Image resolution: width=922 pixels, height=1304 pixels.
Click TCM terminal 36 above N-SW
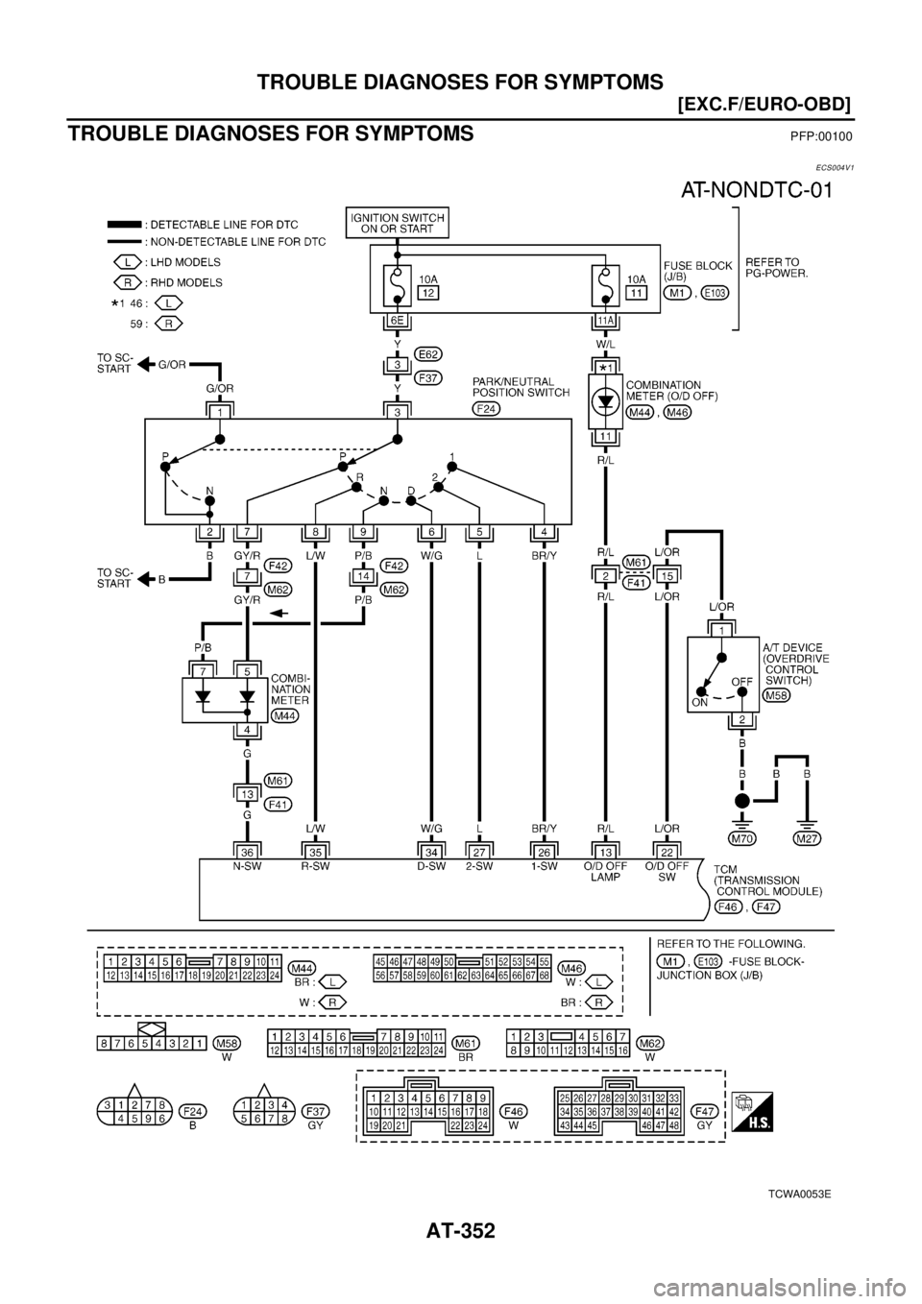[246, 850]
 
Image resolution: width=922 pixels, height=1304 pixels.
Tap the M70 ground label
[740, 838]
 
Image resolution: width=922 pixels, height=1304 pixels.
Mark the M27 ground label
[808, 838]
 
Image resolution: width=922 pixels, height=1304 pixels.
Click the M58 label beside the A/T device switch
[775, 694]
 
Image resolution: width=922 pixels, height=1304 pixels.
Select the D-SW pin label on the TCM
[433, 864]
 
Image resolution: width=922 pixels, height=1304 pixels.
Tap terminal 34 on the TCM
[433, 850]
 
